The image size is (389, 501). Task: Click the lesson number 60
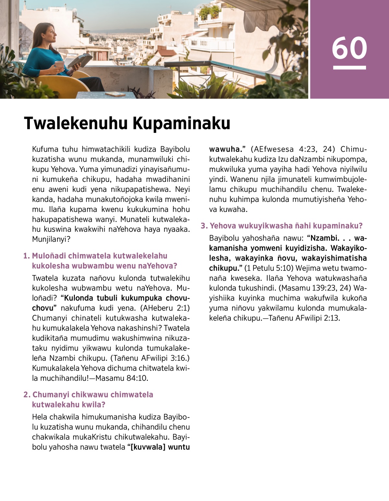pos(349,48)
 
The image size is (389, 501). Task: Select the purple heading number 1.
pos(27,256)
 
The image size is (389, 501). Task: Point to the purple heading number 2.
pos(27,395)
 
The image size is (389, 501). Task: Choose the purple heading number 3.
pos(204,226)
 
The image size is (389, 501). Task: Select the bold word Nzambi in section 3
pos(325,238)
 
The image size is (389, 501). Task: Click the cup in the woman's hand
pos(59,64)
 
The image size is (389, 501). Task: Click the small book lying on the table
pos(115,94)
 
